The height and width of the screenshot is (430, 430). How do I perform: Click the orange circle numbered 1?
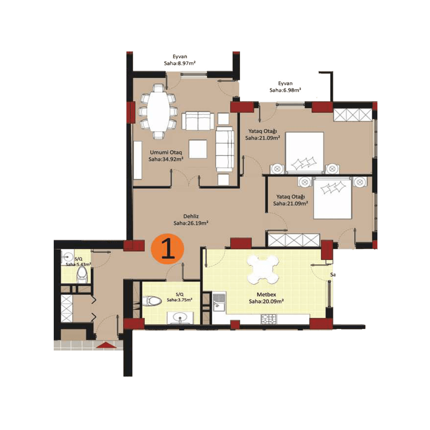point(168,250)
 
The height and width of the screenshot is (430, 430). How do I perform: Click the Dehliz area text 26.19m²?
point(191,223)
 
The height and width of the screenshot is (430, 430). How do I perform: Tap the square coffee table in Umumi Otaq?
point(198,148)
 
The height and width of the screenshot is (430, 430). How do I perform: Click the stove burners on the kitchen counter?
point(269,318)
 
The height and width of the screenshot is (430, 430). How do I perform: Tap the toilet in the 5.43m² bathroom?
point(82,276)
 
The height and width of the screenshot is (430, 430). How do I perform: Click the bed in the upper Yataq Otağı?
point(305,152)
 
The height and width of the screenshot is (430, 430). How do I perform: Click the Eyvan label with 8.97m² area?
point(180,61)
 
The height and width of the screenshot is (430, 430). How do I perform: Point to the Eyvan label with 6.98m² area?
point(285,87)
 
